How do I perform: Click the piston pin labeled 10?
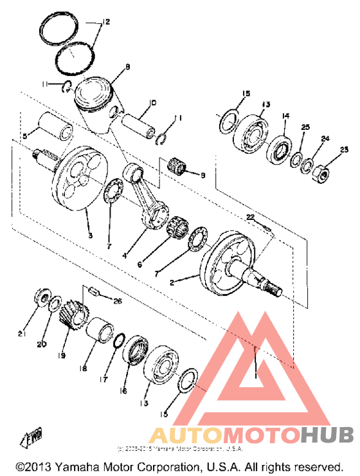(x=139, y=122)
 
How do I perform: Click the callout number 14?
(x=285, y=116)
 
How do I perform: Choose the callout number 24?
(x=325, y=138)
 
